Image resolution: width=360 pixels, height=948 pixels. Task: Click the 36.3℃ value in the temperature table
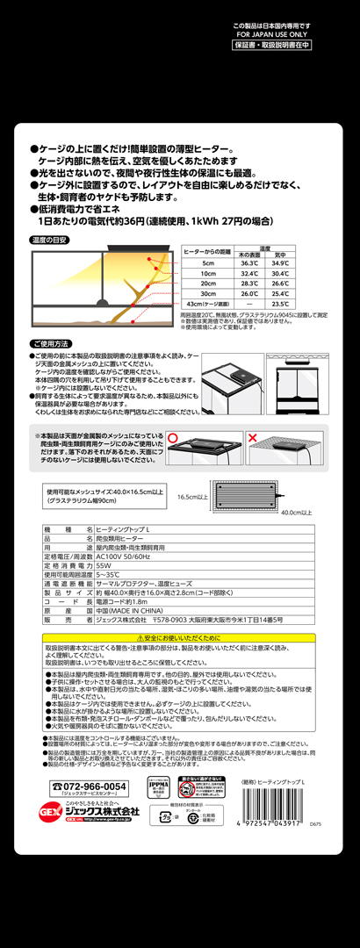tap(249, 262)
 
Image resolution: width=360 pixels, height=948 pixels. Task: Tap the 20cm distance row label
tap(207, 283)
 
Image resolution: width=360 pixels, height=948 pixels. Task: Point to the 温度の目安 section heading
tap(50, 240)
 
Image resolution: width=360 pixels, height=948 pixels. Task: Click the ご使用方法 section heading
tap(51, 343)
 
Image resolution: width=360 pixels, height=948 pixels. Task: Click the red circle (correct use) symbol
tap(173, 436)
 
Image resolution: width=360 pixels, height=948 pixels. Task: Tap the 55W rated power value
tap(104, 566)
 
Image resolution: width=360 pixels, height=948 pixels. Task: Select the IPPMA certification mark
tap(158, 786)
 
